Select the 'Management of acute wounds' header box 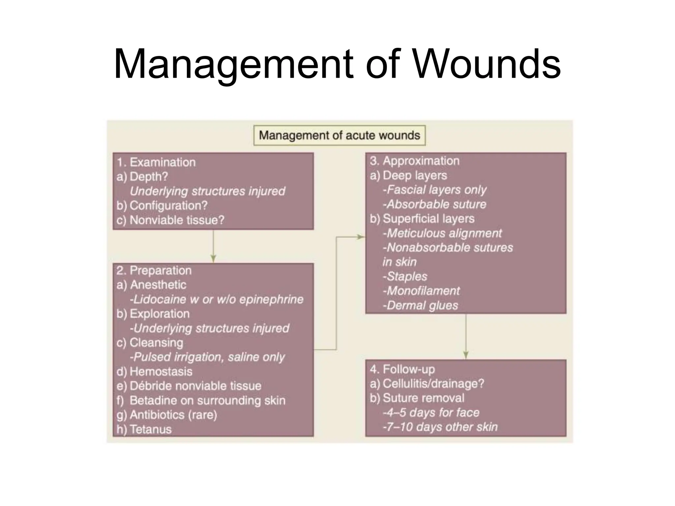[339, 135]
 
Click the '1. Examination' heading [156, 162]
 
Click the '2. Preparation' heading [154, 270]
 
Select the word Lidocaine [160, 299]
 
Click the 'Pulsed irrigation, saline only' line [208, 357]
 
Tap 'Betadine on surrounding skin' [207, 401]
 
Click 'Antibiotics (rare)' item [173, 415]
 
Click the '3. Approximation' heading [415, 161]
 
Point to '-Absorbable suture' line [434, 204]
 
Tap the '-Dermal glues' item [420, 305]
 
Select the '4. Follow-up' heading [402, 369]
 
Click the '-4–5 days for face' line [431, 412]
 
